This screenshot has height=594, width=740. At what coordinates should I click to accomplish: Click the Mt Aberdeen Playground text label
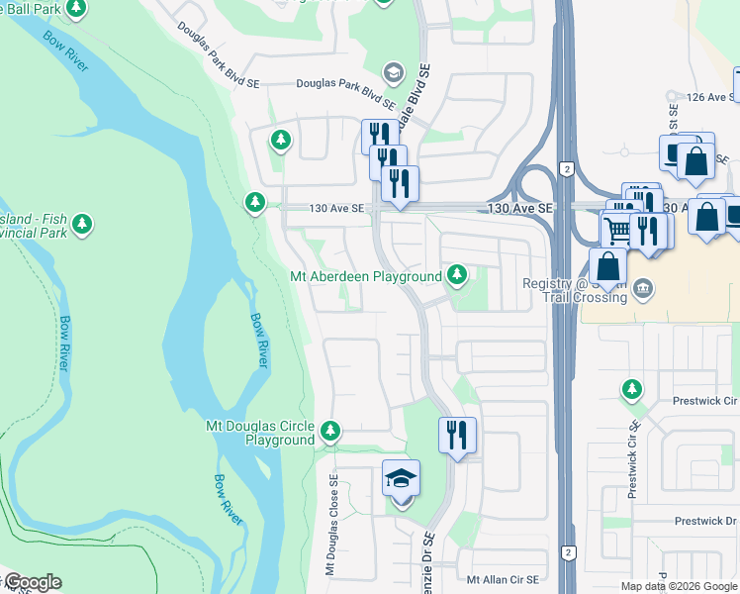click(x=366, y=276)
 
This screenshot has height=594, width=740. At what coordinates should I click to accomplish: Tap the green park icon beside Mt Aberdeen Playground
click(x=456, y=275)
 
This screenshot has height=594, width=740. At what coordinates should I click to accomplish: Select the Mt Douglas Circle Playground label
click(x=259, y=433)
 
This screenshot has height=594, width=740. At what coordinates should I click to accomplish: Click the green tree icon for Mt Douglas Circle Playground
click(x=329, y=432)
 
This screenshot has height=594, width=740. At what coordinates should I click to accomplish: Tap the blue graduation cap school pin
click(x=401, y=479)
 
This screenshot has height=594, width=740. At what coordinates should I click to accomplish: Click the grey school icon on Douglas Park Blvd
click(x=393, y=72)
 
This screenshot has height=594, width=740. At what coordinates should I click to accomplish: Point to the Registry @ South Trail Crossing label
click(x=575, y=291)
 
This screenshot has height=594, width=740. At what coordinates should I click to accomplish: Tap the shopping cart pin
click(x=618, y=231)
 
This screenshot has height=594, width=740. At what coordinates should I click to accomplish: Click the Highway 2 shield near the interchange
click(x=566, y=169)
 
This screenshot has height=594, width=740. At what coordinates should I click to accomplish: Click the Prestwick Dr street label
click(x=706, y=521)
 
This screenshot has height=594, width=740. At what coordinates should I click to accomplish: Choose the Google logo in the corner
click(x=32, y=582)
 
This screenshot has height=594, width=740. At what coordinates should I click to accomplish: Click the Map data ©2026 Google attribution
click(x=679, y=586)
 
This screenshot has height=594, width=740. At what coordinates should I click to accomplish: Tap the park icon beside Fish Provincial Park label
click(x=83, y=223)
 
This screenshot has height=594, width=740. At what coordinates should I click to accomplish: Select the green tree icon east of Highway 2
click(x=631, y=388)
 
